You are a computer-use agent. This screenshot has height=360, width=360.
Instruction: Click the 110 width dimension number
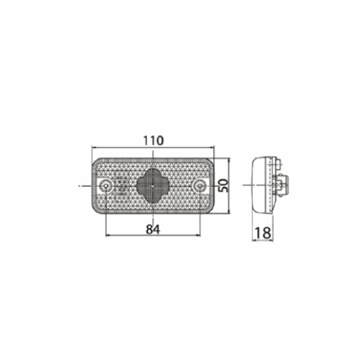click(154, 141)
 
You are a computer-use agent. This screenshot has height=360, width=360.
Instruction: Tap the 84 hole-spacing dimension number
click(153, 229)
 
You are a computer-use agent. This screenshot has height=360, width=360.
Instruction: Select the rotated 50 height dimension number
click(224, 185)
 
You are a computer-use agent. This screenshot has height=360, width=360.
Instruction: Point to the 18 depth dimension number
click(263, 233)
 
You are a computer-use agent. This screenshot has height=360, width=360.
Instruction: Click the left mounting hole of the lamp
click(105, 186)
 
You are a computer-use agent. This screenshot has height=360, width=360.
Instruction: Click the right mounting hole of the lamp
click(200, 186)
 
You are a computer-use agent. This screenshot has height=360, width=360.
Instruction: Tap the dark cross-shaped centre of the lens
click(153, 185)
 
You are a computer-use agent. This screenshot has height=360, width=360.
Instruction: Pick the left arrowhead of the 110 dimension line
click(95, 147)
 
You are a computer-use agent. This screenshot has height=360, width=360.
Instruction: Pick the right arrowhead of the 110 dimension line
click(211, 147)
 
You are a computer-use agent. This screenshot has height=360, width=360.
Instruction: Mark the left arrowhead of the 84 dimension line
click(108, 235)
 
